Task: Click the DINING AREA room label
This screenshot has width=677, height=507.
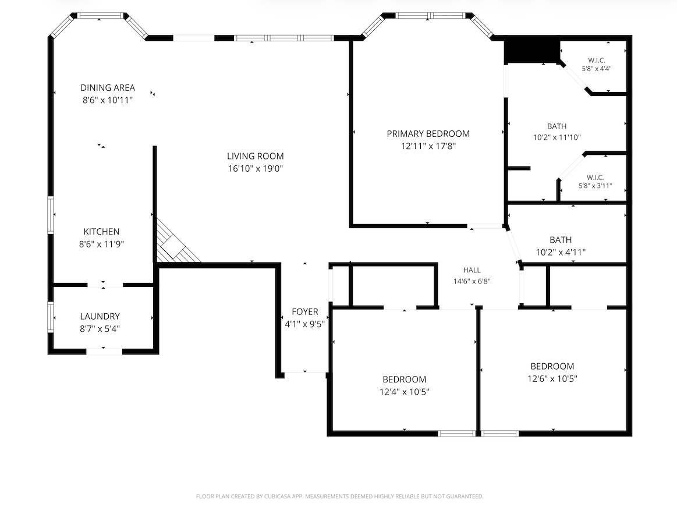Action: (108, 88)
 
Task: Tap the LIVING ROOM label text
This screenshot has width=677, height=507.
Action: (256, 156)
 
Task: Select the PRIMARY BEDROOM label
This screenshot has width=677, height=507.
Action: (428, 134)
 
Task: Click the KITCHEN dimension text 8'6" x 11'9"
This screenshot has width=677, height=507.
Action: (101, 244)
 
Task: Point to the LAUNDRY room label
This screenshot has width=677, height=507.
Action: (100, 316)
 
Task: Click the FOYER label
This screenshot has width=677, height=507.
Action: (305, 312)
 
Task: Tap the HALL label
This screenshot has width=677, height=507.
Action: (472, 270)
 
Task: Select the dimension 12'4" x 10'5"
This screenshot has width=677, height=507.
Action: (405, 392)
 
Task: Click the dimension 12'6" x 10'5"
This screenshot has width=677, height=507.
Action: (552, 379)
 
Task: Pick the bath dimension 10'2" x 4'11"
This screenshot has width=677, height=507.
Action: (561, 252)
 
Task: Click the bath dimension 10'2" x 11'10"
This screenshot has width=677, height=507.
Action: (557, 137)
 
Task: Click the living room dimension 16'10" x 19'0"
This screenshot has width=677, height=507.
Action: (256, 168)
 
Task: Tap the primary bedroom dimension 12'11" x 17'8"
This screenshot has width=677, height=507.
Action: (428, 146)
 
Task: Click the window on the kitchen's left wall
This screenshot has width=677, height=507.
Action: (51, 215)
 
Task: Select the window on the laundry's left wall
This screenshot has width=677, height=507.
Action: (51, 317)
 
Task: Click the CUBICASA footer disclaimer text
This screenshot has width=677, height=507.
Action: (340, 497)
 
